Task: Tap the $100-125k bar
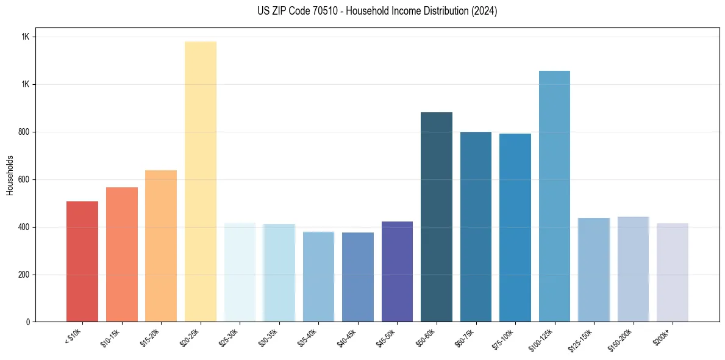coord(554,196)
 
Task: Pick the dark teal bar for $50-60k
coord(437,217)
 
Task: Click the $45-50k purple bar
coord(397,272)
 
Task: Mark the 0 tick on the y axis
coord(29,322)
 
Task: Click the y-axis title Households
coord(10,175)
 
